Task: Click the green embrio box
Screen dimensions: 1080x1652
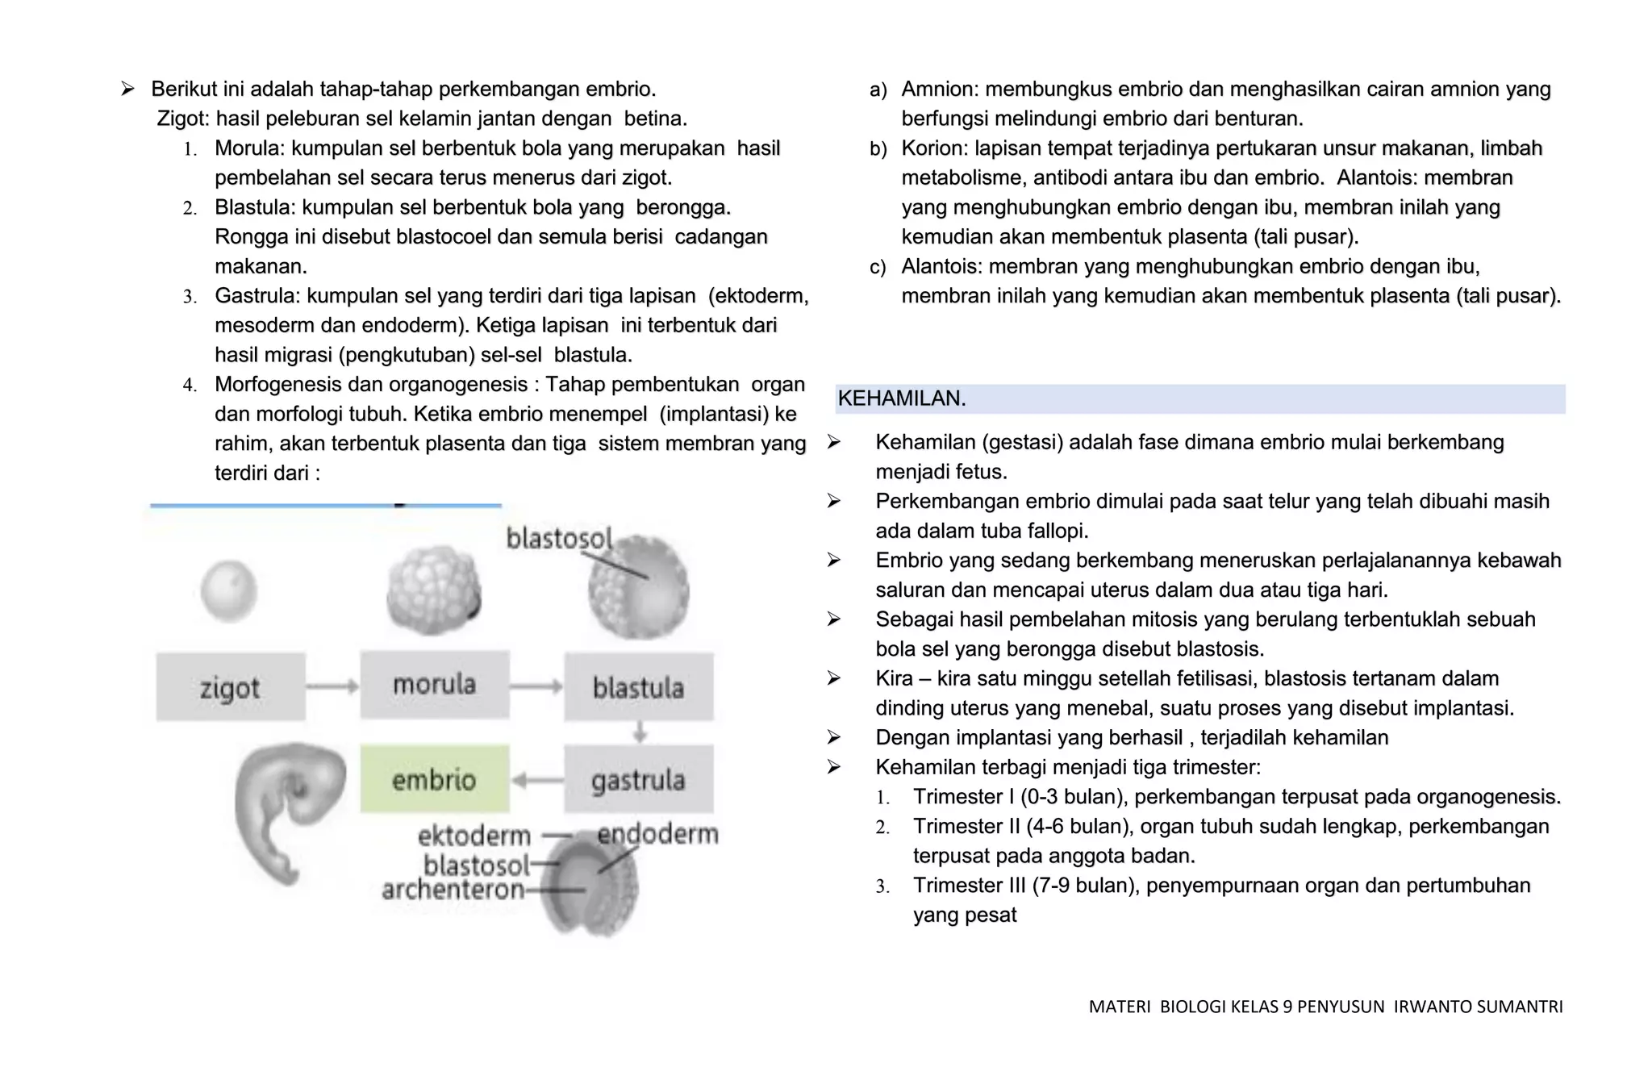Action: point(434,779)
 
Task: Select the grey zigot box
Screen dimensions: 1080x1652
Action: point(231,687)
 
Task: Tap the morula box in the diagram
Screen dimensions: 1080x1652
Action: point(434,685)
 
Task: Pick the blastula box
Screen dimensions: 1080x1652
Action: point(638,687)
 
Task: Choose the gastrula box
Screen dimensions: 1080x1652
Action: point(638,779)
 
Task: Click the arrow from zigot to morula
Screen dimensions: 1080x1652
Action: point(332,687)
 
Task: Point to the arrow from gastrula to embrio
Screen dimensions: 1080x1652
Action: point(537,780)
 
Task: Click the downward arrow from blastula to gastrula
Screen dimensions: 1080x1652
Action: point(640,732)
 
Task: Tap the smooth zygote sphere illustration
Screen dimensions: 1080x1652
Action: point(229,591)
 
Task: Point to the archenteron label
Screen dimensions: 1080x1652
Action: point(453,890)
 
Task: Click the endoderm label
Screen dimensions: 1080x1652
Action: point(657,834)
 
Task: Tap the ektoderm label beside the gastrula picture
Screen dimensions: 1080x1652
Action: point(473,836)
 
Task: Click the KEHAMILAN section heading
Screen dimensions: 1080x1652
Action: point(902,398)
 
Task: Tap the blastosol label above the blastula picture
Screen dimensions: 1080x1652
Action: point(559,538)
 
